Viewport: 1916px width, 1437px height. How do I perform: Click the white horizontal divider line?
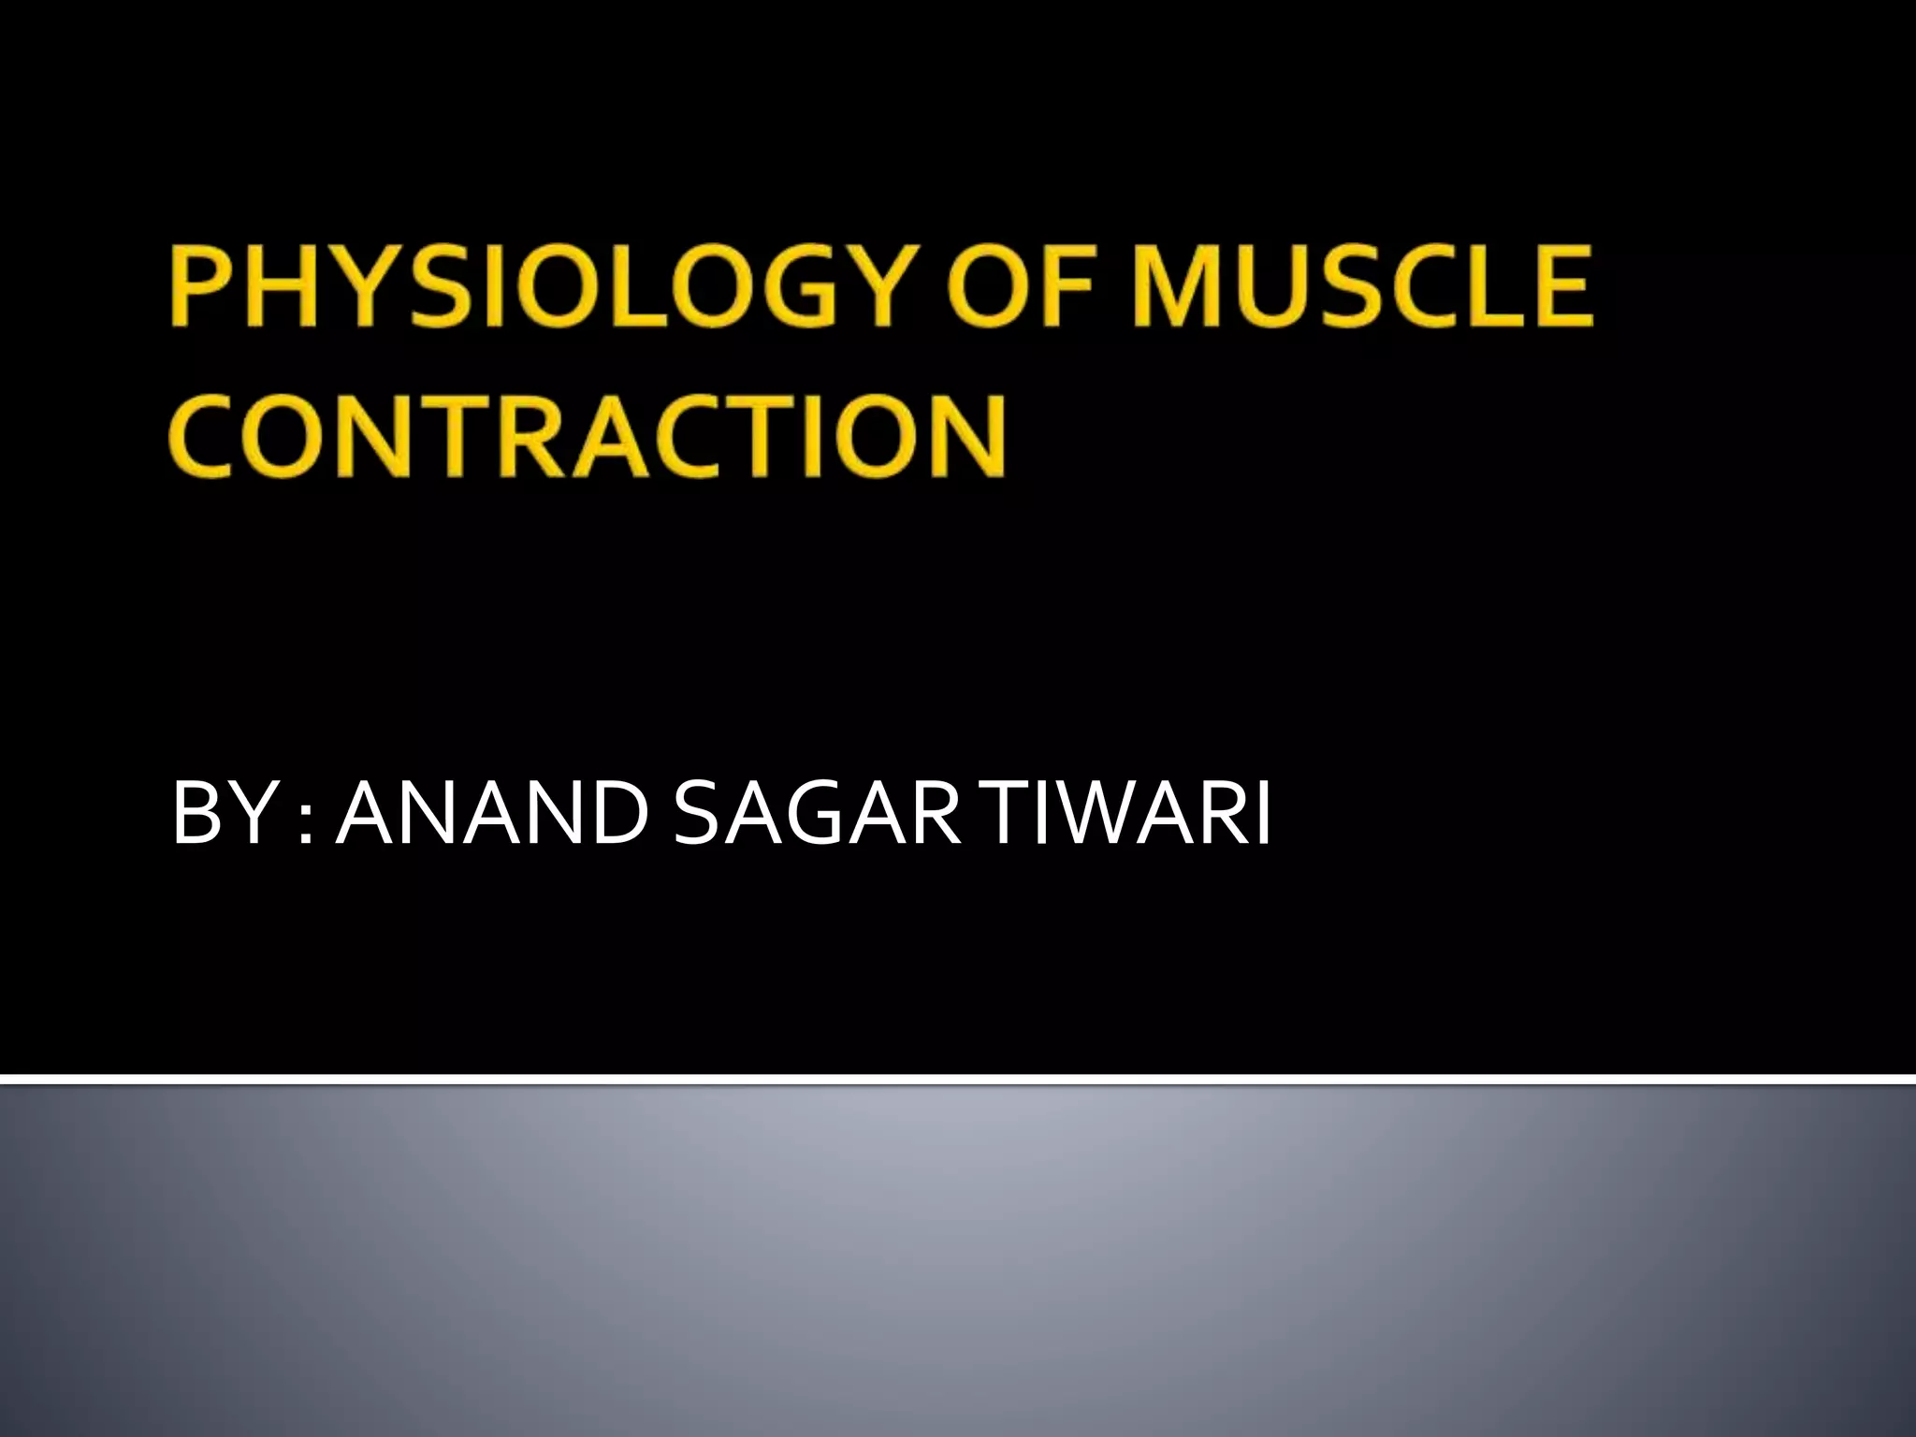958,1081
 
